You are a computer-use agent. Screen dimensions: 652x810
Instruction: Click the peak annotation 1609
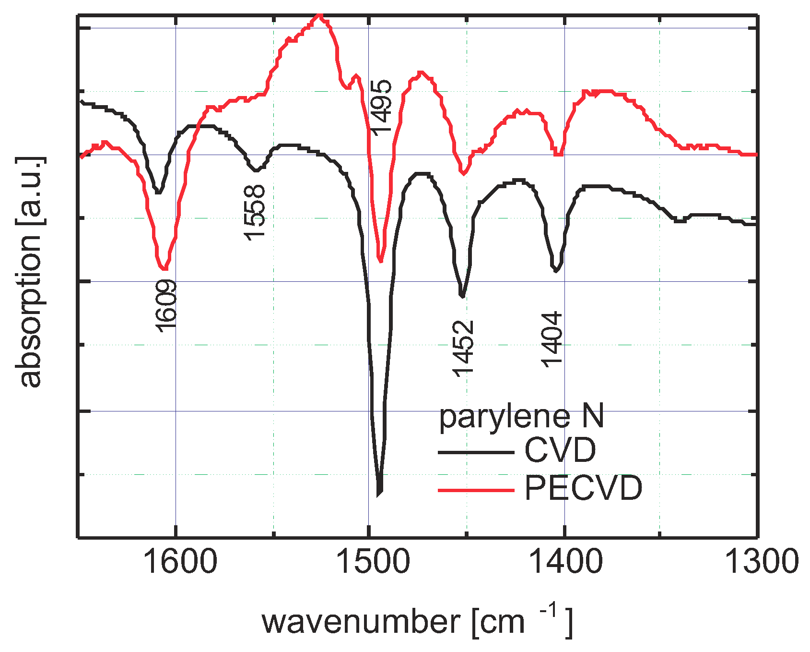(166, 306)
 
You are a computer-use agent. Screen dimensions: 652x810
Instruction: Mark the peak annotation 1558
(254, 212)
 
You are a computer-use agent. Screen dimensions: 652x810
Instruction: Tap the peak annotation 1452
(463, 349)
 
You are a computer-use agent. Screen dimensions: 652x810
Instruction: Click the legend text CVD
(560, 450)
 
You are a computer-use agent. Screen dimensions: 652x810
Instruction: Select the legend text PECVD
(583, 489)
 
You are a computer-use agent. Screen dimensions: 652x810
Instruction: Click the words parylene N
(521, 416)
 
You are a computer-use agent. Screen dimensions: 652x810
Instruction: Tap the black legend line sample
(476, 452)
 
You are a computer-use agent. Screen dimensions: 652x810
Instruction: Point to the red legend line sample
(476, 490)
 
